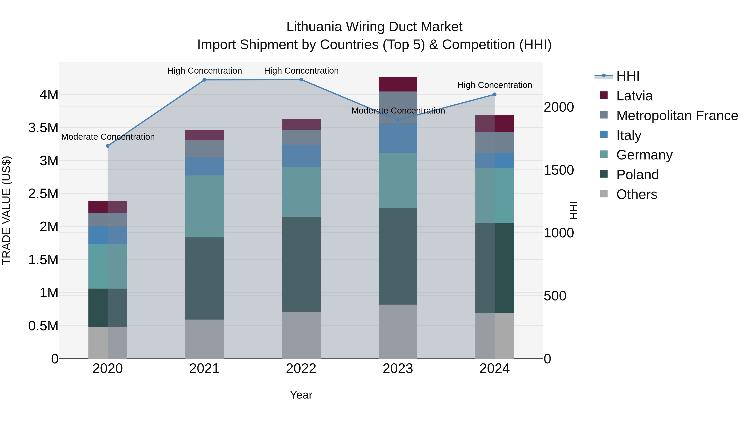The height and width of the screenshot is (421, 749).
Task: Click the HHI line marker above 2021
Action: pos(204,80)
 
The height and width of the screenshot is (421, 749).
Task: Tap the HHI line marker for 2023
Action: pos(398,120)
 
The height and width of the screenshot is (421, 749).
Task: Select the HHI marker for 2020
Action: pos(108,146)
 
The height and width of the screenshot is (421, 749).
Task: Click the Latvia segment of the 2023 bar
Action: pos(398,84)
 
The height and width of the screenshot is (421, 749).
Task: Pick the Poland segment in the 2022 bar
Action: pos(301,264)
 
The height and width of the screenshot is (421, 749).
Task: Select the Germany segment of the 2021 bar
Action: pos(204,206)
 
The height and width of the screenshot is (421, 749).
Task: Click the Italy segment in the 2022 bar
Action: pos(301,156)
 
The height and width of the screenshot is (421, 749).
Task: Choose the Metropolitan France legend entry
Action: pos(677,116)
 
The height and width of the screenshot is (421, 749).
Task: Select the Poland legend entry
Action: pos(637,175)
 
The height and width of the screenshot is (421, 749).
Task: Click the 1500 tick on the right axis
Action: pos(559,170)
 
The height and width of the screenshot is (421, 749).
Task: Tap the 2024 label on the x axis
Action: pos(494,369)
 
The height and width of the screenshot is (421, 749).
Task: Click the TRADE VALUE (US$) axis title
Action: pos(6,210)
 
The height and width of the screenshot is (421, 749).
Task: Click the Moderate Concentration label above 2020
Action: pos(108,137)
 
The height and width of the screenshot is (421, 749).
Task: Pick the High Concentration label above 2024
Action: pos(495,85)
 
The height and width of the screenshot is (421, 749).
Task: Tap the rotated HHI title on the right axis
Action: pos(573,210)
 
